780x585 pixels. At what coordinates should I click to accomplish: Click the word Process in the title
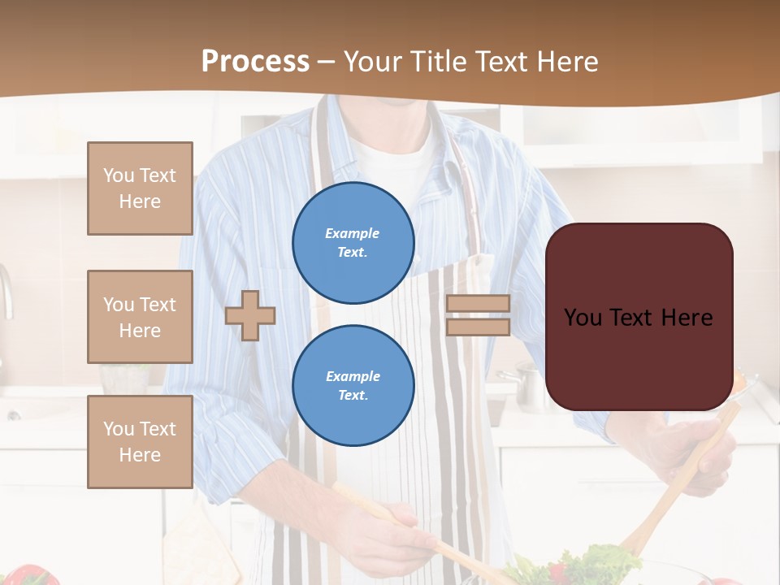point(255,62)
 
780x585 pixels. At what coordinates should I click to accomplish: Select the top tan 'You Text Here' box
point(140,188)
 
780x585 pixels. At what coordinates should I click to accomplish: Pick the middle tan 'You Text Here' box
point(140,317)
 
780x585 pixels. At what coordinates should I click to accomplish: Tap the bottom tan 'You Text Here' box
point(140,442)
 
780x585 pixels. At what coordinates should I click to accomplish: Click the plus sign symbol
point(250,315)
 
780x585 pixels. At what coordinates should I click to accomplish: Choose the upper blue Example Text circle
point(353,243)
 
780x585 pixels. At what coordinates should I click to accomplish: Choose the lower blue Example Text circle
point(353,385)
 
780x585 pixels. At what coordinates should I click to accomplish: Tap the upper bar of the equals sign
point(478,303)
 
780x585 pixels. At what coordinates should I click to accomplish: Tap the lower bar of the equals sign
point(478,327)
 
